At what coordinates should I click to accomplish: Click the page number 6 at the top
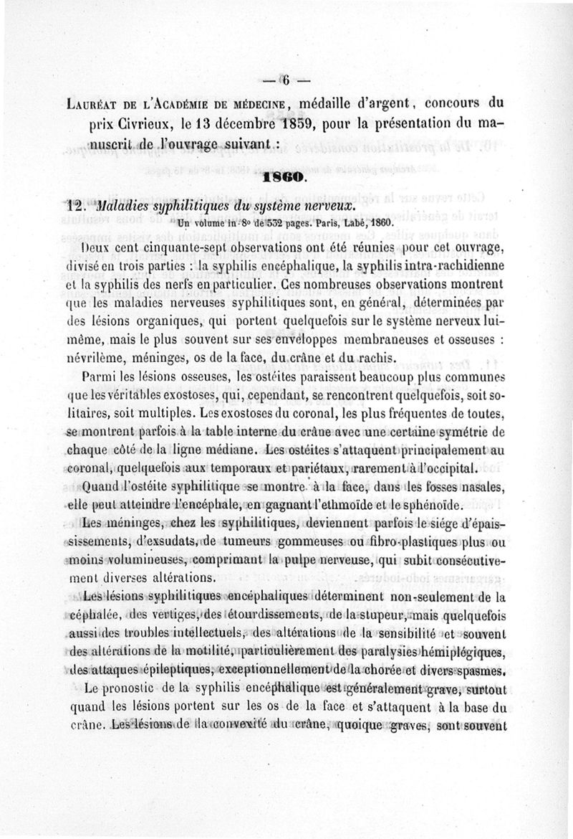(x=284, y=80)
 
